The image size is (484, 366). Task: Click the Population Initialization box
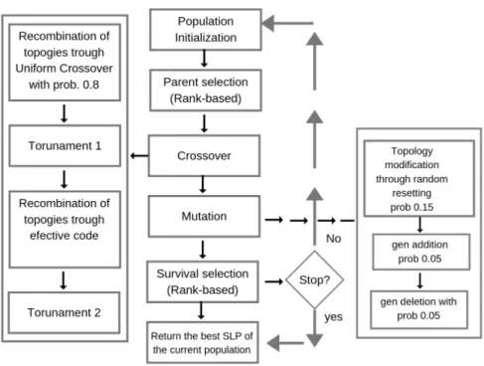coord(206,30)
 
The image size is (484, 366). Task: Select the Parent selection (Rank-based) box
coord(206,91)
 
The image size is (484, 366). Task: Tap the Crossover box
coord(204,155)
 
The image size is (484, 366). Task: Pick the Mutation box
coord(204,216)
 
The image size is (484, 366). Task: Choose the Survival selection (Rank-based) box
coord(203,281)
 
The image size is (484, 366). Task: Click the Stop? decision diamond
coord(314,280)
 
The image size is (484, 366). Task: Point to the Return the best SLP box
coord(203,342)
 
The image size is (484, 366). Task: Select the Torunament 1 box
coord(65,145)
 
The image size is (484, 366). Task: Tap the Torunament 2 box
coord(64,312)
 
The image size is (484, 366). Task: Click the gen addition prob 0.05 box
coord(421,252)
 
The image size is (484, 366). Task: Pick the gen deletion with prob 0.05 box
coord(419,309)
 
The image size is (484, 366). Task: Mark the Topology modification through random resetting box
coord(419,178)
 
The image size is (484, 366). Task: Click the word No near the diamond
coord(333,239)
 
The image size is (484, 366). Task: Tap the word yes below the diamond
coord(333,317)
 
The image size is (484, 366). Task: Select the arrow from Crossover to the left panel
coord(139,155)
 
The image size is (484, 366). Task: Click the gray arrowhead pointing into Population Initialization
coord(268,23)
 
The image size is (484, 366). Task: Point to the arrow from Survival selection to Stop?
coord(273,281)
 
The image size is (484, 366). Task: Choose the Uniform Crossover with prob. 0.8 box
coord(65,62)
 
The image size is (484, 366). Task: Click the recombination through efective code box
coord(65,229)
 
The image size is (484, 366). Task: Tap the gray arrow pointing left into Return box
coord(285,343)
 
